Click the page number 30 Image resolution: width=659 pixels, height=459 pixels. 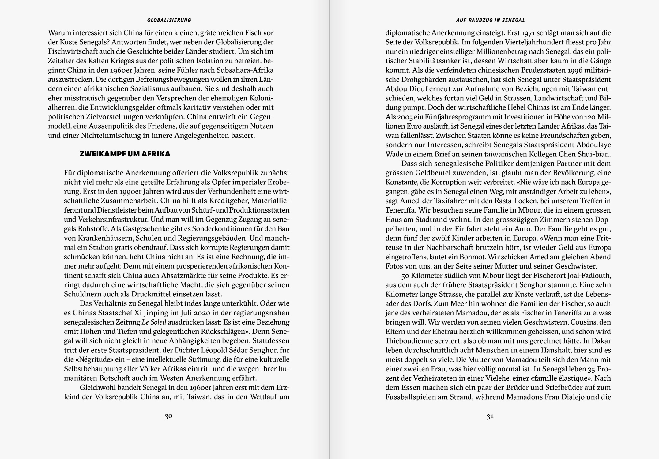coord(168,416)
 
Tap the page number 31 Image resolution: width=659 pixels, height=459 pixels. coord(490,416)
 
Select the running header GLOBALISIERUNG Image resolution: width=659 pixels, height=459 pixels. coord(169,20)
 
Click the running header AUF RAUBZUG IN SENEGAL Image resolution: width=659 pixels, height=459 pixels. coord(490,20)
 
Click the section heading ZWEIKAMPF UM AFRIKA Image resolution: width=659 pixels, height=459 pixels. coord(125,154)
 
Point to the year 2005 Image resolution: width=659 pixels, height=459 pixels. coord(405,117)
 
